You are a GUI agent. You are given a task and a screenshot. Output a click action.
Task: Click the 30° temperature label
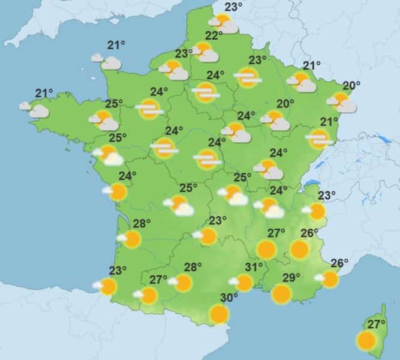(228, 298)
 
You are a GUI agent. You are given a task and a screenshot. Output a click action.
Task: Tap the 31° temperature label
(254, 267)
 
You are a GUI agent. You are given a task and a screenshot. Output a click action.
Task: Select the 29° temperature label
(291, 277)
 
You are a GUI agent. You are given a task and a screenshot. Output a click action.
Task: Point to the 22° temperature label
(214, 35)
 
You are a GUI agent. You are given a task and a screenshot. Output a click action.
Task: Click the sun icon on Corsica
(365, 341)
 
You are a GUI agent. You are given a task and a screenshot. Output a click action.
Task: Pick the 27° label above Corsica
(377, 325)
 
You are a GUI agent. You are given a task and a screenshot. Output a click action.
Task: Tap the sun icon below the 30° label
(219, 313)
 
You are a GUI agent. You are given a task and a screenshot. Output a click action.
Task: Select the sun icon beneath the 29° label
(281, 293)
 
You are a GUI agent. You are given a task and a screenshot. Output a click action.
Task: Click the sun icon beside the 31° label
(244, 283)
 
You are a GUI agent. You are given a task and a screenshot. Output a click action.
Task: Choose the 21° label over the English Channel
(116, 45)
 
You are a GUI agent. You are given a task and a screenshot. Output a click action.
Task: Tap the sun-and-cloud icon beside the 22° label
(205, 52)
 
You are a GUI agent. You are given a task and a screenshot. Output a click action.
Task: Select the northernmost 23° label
(234, 7)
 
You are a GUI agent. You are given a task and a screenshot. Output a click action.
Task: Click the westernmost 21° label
(44, 93)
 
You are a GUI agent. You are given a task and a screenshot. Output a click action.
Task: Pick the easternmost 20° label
(351, 85)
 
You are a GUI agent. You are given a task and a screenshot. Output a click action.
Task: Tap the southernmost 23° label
(118, 270)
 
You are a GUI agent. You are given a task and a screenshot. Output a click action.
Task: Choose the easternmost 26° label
(339, 263)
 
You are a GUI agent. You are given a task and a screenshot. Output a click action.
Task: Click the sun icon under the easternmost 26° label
(330, 278)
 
